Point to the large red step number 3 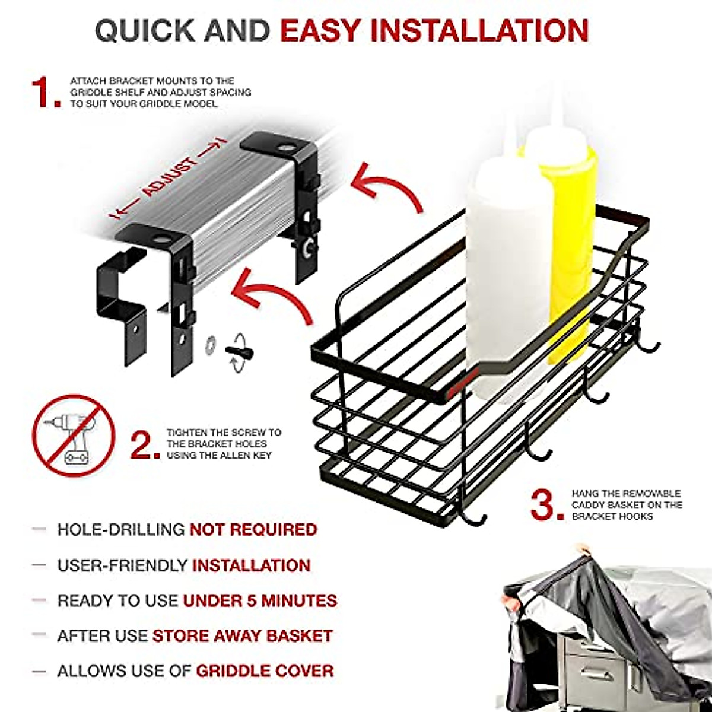click(x=546, y=505)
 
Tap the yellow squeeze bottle click(x=564, y=237)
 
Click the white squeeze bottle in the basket click(x=495, y=267)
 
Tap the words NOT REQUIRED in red click(x=253, y=529)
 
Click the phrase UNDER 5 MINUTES click(x=260, y=600)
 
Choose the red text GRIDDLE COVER click(x=265, y=671)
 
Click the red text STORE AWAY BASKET click(x=242, y=635)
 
